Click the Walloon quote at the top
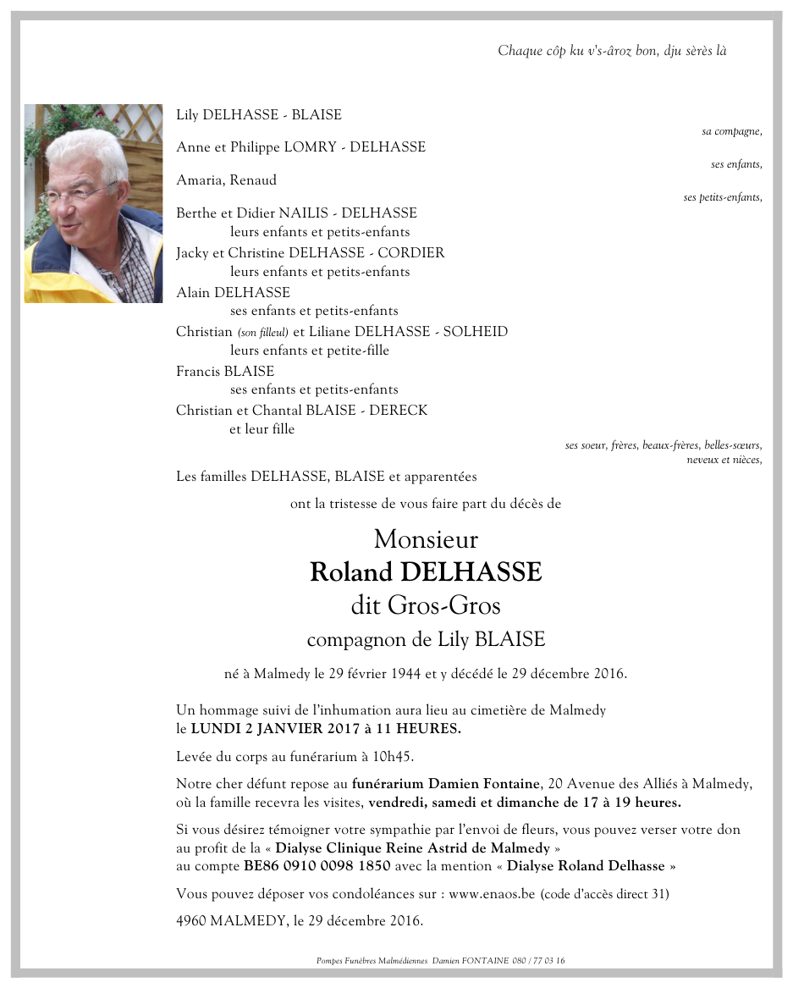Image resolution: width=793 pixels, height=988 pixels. point(612,51)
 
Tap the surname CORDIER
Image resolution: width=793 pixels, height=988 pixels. point(410,253)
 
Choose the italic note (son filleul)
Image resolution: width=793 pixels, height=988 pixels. point(262,332)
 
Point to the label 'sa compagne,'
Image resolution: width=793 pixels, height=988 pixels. point(732,131)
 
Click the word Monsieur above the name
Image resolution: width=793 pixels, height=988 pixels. point(426,539)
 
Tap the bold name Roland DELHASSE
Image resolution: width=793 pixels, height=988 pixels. point(426,572)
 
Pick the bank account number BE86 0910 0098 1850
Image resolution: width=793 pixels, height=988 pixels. point(317,866)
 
